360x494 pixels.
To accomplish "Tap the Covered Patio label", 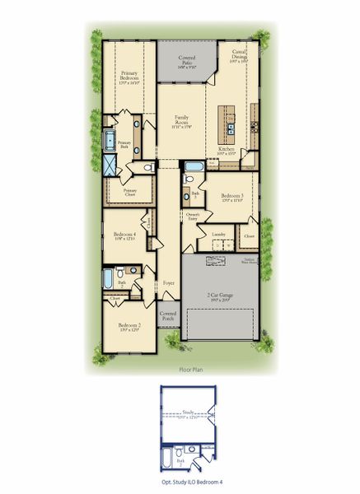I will click(188, 63).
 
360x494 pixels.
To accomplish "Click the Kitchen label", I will click(226, 150).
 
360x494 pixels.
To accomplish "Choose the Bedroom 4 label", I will click(125, 236).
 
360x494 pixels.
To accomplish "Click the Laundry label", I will click(218, 235).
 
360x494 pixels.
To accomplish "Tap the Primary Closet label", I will click(130, 191).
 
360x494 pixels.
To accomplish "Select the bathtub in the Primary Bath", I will click(110, 140).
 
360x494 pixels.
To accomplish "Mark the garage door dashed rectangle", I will click(222, 324).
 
